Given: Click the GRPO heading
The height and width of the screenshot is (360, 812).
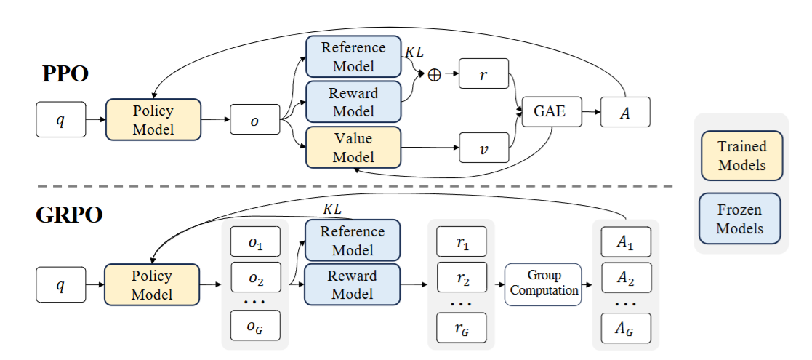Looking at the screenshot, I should coord(71,216).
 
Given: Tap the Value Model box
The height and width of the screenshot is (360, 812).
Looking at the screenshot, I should coord(353,147).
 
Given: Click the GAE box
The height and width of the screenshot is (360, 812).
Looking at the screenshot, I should coord(550,113).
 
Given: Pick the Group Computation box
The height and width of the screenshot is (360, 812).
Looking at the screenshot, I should coord(544,284).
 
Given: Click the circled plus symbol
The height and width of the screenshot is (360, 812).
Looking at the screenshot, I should coord(435,75).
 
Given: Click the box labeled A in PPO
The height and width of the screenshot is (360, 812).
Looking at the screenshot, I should coord(625,113).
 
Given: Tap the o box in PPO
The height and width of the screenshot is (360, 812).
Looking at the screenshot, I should coord(254,119).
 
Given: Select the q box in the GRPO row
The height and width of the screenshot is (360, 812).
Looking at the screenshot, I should coord(61,284).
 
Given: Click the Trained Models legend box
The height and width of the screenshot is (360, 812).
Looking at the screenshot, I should coord(741,156).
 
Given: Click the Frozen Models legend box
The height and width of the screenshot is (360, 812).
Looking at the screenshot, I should coord(741,218).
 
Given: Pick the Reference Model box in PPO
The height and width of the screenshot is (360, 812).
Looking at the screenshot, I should coord(353,56).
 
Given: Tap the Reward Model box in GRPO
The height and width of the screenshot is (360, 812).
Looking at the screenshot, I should coord(352,284).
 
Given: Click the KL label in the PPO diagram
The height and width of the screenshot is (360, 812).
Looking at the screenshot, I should coord(415,55).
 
